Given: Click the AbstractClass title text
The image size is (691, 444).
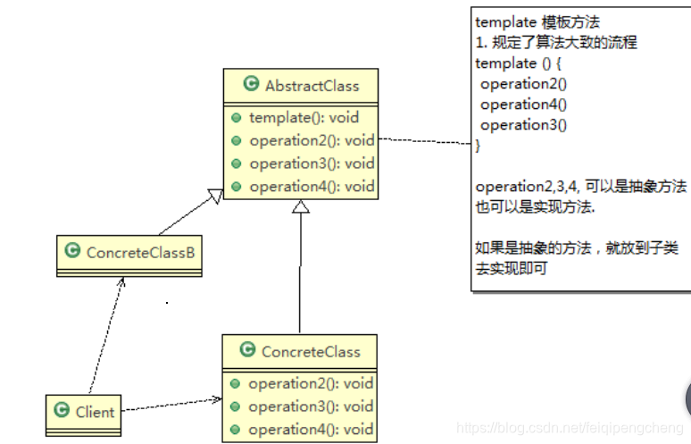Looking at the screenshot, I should tap(312, 86).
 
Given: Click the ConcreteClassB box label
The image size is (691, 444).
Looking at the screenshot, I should tap(140, 252).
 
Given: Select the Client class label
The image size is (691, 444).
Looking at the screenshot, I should tap(95, 412).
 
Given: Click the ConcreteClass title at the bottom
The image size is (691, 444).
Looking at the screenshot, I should tap(311, 351).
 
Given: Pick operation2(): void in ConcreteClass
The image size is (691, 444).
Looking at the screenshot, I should tap(311, 383).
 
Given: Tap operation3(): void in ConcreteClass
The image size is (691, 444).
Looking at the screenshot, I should tap(311, 406).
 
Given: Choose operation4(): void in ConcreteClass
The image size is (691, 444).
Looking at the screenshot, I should tap(311, 430).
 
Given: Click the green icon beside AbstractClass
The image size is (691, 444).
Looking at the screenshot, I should tap(251, 85).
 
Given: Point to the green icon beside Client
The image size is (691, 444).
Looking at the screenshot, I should tap(62, 411).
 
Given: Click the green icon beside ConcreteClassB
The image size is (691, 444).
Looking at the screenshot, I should tap(71, 252).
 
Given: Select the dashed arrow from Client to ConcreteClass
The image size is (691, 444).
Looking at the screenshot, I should tap(170, 406).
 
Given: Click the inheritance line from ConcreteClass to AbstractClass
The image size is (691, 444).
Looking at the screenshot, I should tap(300, 268).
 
